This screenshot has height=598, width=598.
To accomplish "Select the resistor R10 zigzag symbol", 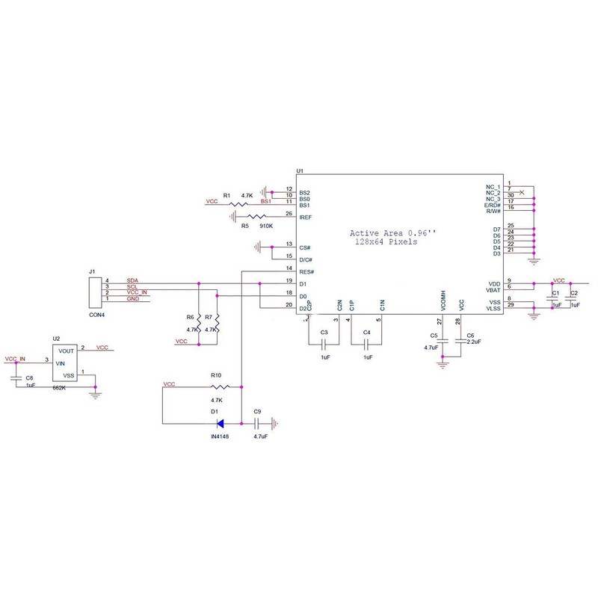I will [x=220, y=387].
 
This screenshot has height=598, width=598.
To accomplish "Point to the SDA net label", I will [x=132, y=280].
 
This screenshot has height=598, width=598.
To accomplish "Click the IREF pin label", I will [x=306, y=217].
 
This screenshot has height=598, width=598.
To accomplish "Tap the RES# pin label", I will [x=306, y=271].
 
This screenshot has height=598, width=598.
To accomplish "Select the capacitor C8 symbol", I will [x=17, y=379].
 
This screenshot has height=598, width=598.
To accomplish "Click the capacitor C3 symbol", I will [x=324, y=345].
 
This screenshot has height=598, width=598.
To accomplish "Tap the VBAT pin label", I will [x=493, y=290].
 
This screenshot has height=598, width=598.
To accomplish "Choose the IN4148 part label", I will [x=221, y=435].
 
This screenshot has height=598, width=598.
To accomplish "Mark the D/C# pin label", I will [x=305, y=259].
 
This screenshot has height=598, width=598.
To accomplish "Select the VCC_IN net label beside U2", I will [x=16, y=359].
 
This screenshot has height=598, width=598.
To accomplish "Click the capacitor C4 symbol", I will [x=366, y=345].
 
